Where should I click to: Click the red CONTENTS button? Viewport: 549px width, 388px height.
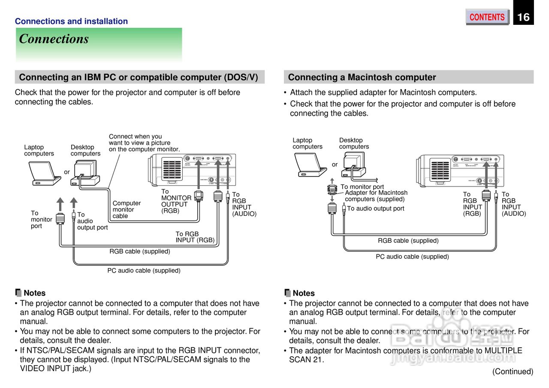487,17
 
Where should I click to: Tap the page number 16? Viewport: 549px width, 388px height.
523,17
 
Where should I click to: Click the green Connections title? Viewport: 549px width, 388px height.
54,39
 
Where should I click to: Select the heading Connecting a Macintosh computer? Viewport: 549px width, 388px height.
362,78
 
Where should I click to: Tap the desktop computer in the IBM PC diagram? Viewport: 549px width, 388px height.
86,172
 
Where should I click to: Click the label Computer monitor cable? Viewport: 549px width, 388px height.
126,209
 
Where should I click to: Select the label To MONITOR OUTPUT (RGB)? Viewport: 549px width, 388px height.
176,201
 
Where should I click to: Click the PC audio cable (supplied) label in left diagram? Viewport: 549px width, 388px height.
144,271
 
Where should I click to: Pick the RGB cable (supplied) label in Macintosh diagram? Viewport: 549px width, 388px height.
408,241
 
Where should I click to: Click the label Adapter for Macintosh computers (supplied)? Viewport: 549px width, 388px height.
376,196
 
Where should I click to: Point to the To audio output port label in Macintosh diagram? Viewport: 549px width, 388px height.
375,209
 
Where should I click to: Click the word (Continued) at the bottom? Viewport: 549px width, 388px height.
513,371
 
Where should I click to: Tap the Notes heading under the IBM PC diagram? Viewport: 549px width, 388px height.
34,293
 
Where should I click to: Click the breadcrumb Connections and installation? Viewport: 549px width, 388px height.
71,21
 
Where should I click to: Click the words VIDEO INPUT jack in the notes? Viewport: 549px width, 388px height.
54,368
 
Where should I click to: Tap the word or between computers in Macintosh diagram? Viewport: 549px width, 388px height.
335,164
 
